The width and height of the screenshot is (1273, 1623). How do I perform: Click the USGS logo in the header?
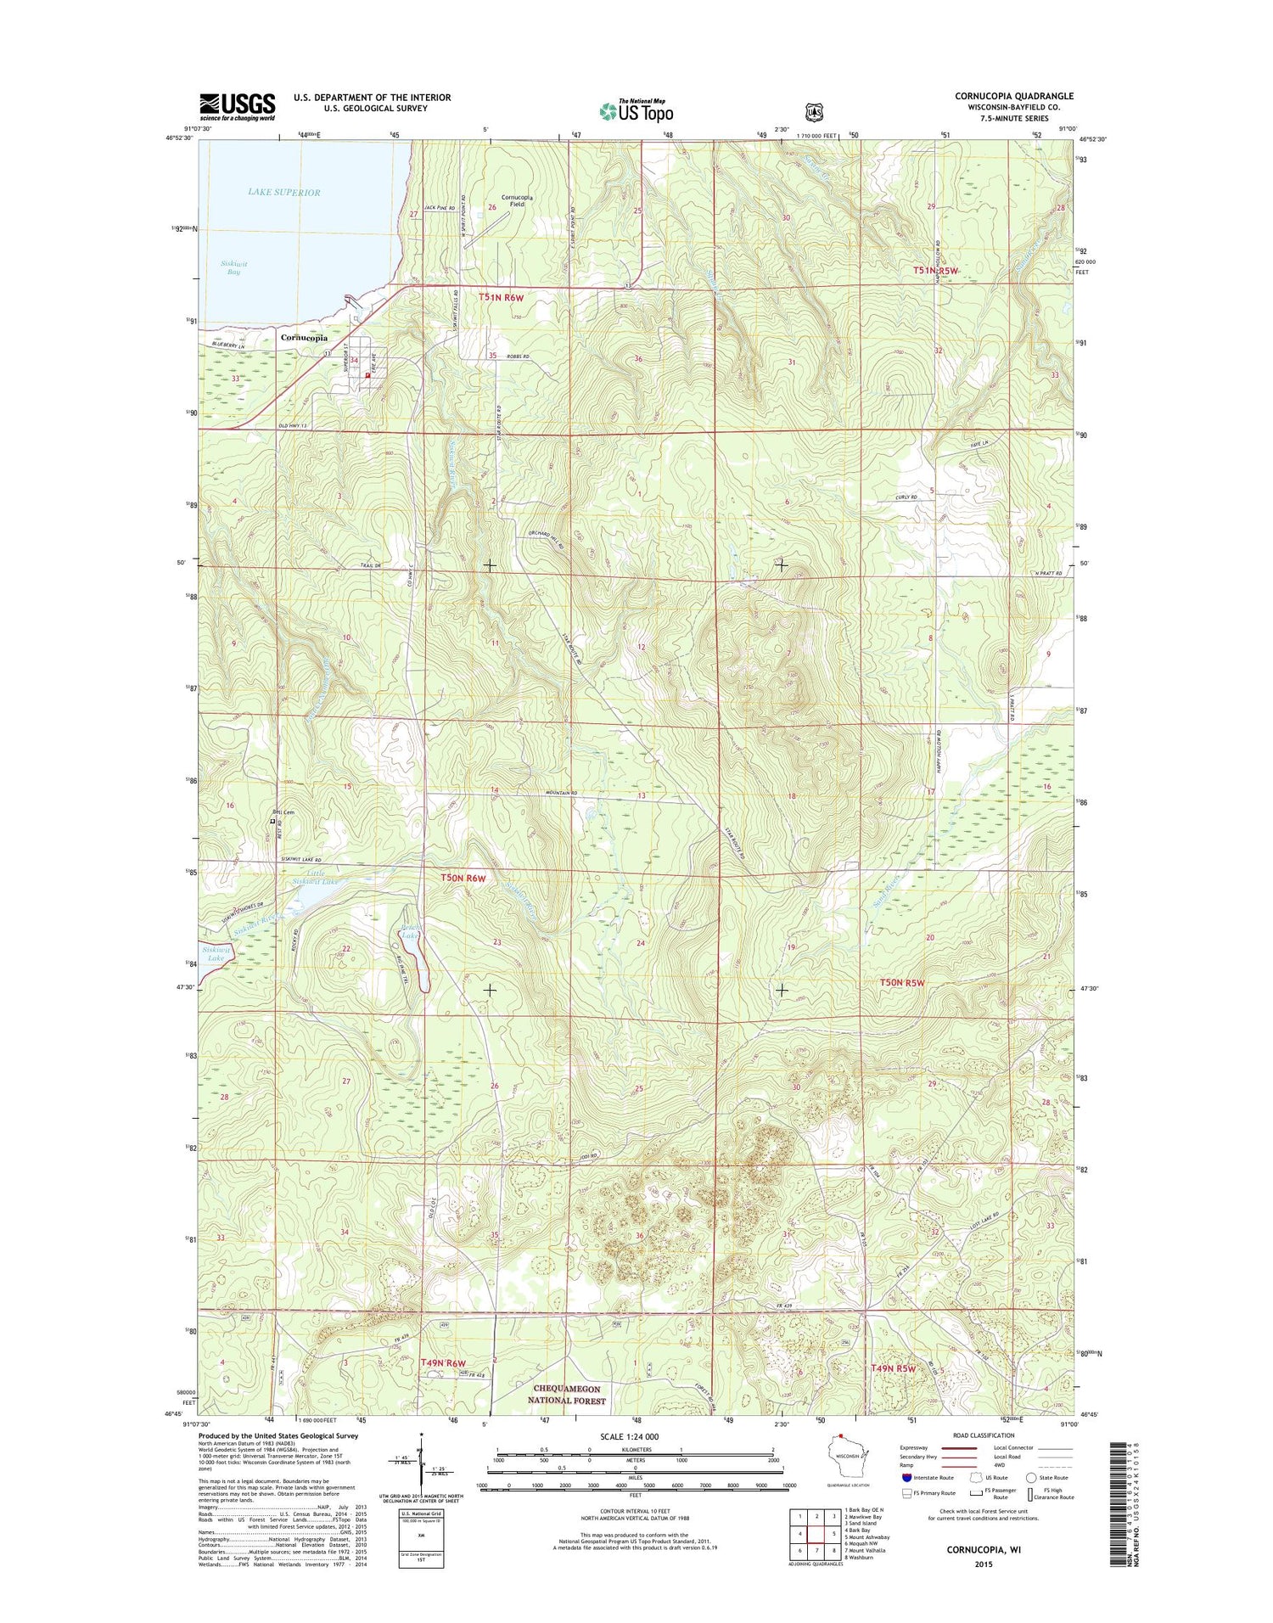click(238, 106)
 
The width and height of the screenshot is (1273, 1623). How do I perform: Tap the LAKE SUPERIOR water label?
click(283, 193)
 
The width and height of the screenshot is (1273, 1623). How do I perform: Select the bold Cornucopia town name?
click(304, 338)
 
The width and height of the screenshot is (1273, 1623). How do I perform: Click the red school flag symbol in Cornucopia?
click(367, 375)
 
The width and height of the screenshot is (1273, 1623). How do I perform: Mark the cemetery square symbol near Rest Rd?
click(272, 821)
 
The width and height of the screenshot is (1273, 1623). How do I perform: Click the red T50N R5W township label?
click(901, 983)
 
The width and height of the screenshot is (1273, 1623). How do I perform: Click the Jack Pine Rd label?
click(440, 207)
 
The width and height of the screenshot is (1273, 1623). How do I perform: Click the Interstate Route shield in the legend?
click(906, 1478)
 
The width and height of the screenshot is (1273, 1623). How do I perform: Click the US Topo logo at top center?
click(636, 110)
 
